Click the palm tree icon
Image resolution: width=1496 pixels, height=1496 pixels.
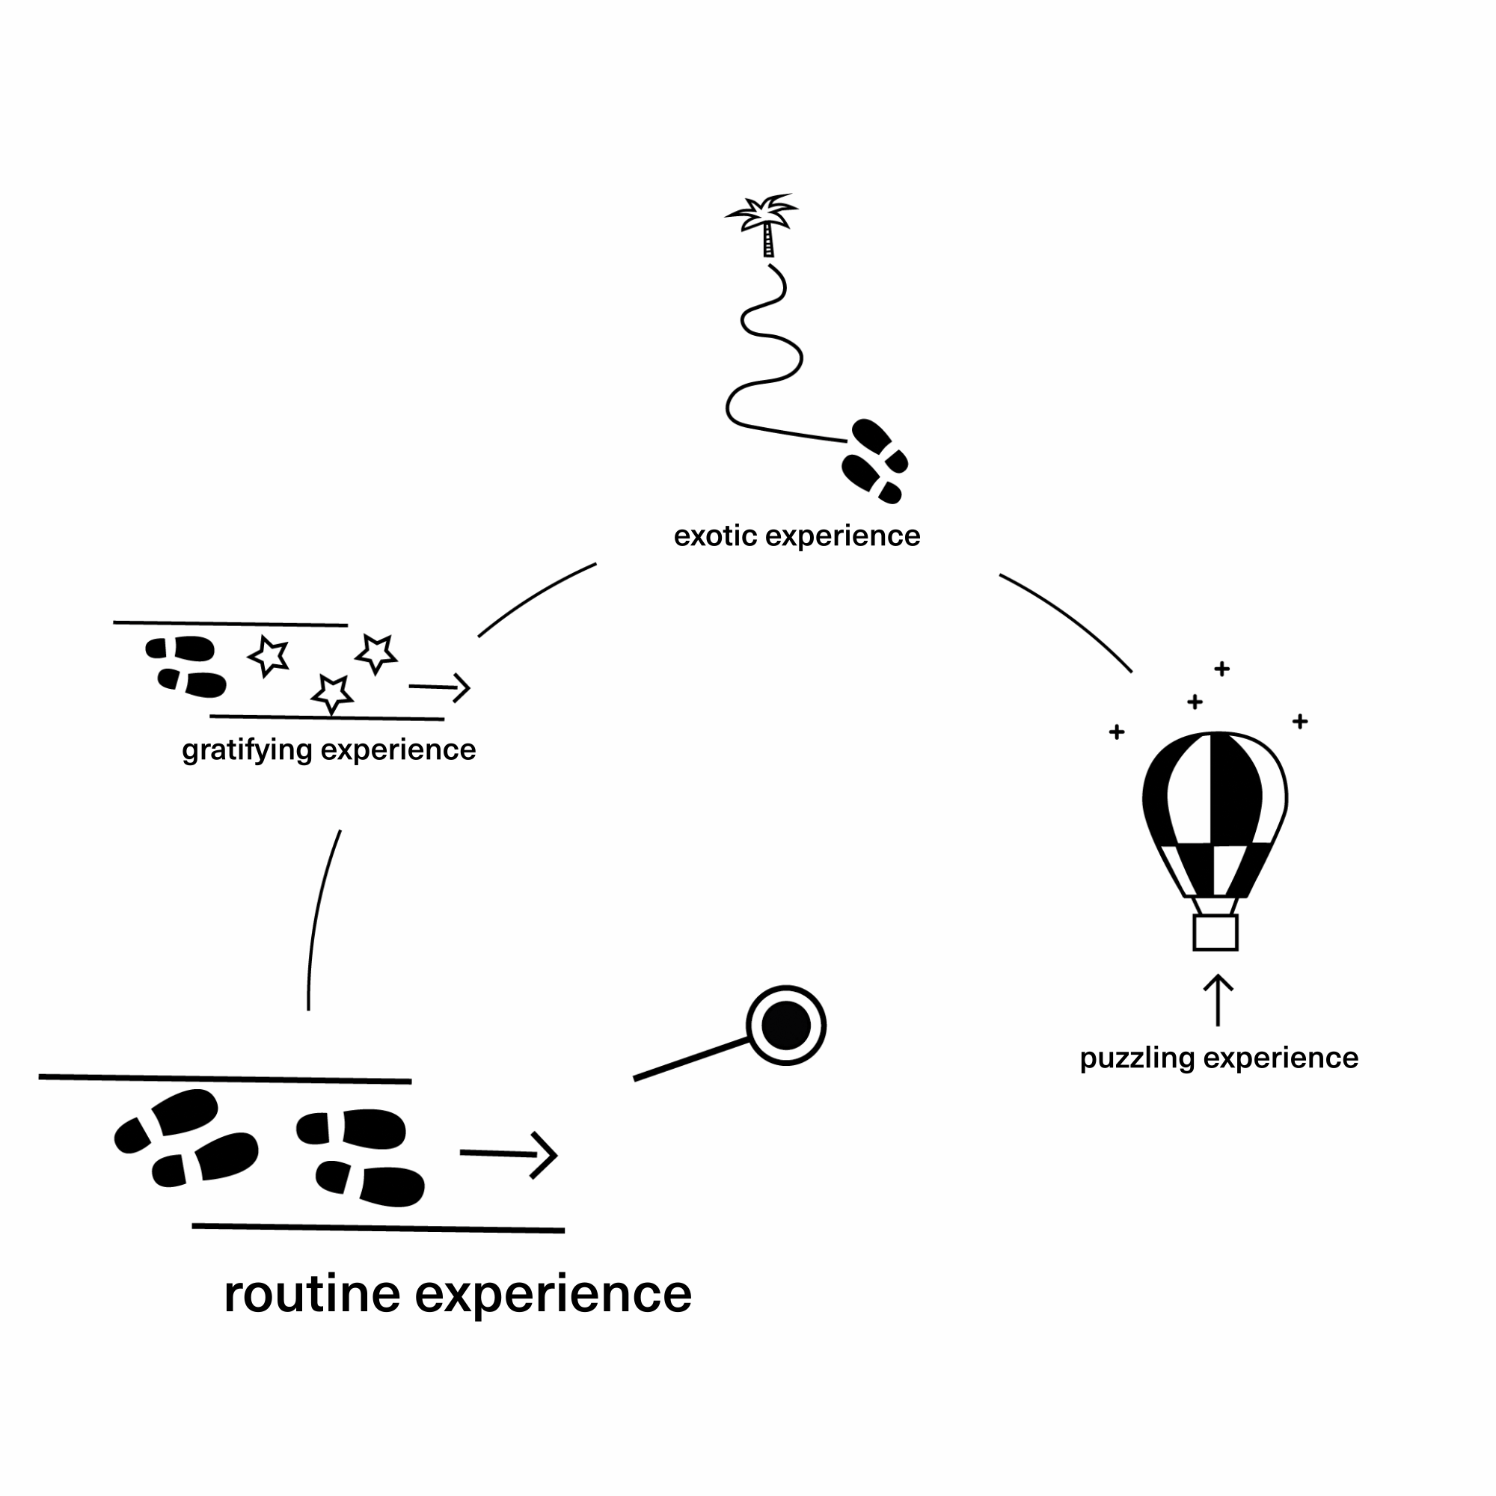(763, 224)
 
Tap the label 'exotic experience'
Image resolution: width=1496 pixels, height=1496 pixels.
(797, 536)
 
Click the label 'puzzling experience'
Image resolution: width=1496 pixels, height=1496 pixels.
(1218, 1058)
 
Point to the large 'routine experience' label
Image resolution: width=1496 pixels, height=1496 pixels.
(458, 1295)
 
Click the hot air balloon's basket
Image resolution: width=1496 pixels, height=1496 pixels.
(1215, 932)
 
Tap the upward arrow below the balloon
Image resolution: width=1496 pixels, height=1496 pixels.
(1218, 999)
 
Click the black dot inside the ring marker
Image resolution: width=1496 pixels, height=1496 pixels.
(786, 1026)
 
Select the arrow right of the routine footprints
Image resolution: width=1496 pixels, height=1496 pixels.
(509, 1154)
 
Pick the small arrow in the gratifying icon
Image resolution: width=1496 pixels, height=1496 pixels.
(440, 687)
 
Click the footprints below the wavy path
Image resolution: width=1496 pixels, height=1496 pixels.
(874, 462)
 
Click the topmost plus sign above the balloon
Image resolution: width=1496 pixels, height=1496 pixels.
(1222, 668)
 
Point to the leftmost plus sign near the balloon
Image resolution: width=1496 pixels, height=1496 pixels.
(1117, 732)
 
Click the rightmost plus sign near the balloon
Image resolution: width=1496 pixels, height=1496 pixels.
(1300, 722)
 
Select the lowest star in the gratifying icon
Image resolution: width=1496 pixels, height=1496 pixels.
(332, 693)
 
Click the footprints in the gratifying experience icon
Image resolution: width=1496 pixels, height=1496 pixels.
(186, 666)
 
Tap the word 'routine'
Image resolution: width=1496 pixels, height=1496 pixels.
(313, 1293)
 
